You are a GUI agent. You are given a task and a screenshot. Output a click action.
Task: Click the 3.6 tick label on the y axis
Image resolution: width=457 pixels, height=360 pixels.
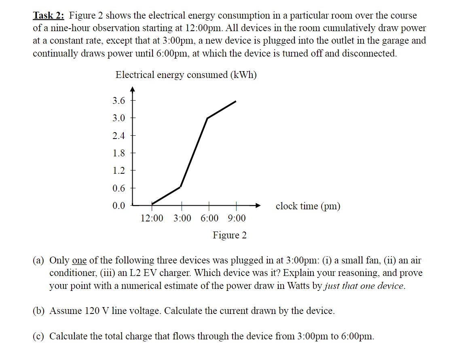pyautogui.click(x=119, y=101)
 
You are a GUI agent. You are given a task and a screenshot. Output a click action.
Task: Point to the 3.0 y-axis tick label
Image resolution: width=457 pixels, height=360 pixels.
pyautogui.click(x=119, y=118)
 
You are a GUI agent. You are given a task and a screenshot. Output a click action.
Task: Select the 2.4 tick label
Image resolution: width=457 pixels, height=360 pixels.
pyautogui.click(x=119, y=136)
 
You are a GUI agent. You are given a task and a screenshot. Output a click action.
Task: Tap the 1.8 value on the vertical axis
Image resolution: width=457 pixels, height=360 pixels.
pyautogui.click(x=119, y=153)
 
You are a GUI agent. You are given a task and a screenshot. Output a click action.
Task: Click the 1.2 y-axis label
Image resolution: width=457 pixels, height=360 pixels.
pyautogui.click(x=119, y=171)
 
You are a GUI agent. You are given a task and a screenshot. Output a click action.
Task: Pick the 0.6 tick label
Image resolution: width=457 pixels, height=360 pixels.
pyautogui.click(x=119, y=188)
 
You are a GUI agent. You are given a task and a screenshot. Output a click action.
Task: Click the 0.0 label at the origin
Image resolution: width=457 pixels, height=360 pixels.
pyautogui.click(x=119, y=206)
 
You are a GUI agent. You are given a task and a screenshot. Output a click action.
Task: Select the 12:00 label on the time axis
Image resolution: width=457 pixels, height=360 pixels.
pyautogui.click(x=152, y=219)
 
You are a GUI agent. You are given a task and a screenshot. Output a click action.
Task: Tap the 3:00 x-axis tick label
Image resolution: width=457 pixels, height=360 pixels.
pyautogui.click(x=182, y=219)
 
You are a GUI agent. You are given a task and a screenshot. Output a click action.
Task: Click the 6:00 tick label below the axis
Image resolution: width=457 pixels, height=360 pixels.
pyautogui.click(x=209, y=219)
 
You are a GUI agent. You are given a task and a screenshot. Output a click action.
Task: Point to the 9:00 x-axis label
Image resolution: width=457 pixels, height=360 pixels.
pyautogui.click(x=237, y=219)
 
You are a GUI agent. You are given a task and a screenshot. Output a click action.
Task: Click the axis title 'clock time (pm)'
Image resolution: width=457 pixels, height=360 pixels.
pyautogui.click(x=308, y=206)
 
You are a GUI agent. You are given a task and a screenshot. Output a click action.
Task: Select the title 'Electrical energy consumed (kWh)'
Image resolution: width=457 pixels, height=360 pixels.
pyautogui.click(x=186, y=75)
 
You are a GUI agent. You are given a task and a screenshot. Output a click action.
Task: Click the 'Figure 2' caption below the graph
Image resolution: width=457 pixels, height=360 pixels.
pyautogui.click(x=230, y=235)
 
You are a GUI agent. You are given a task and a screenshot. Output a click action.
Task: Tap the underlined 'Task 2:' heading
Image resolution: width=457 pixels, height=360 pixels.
pyautogui.click(x=49, y=16)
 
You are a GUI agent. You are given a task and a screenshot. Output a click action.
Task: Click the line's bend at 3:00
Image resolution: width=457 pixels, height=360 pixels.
pyautogui.click(x=180, y=187)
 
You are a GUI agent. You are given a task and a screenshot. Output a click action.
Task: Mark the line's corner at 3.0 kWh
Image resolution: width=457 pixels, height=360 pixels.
pyautogui.click(x=207, y=118)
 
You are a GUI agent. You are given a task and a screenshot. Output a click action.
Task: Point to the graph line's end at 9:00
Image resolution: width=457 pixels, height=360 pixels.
pyautogui.click(x=236, y=101)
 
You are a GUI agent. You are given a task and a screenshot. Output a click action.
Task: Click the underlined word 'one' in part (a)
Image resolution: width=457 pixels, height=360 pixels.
pyautogui.click(x=79, y=261)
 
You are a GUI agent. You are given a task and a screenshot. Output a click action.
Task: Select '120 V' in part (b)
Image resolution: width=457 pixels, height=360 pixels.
pyautogui.click(x=97, y=311)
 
